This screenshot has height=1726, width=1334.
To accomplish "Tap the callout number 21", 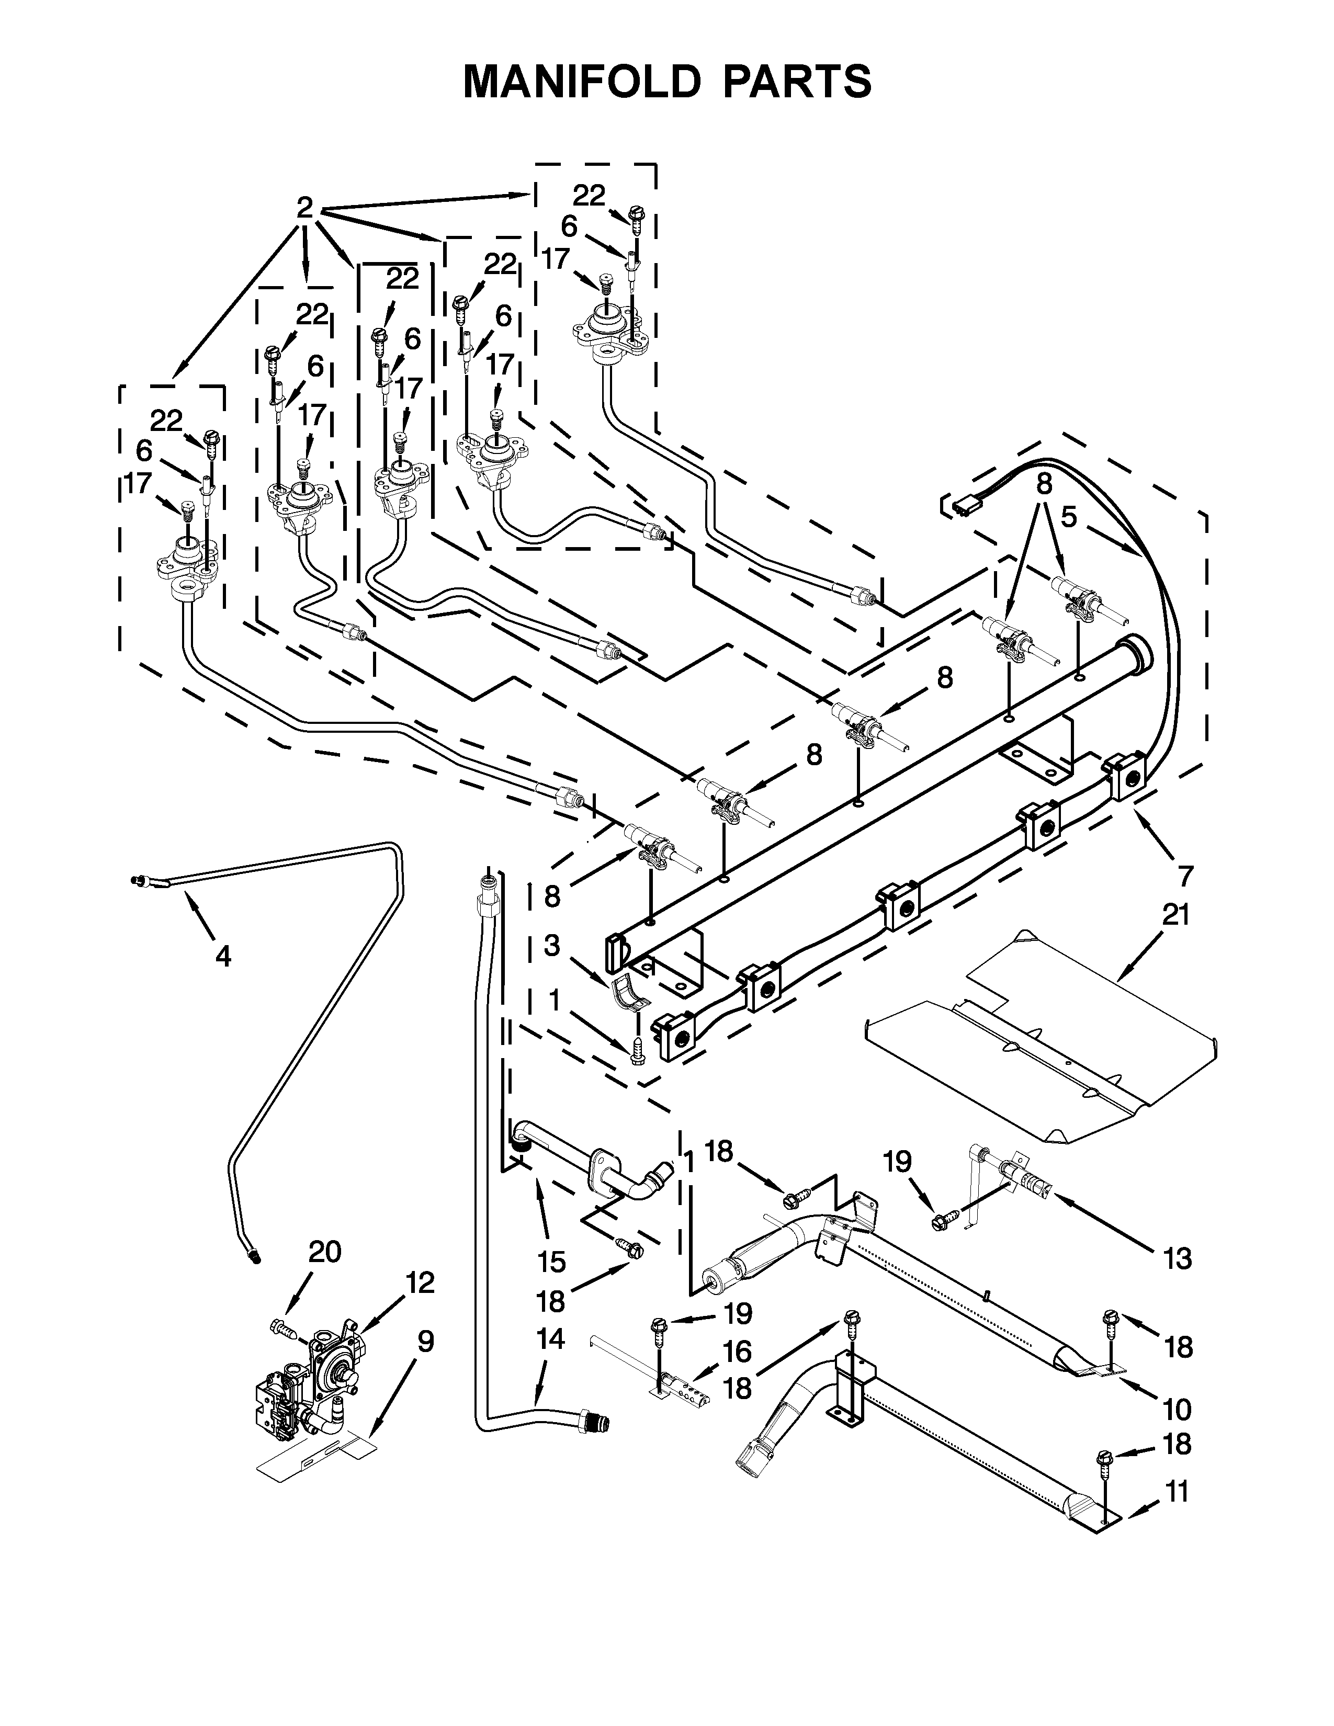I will pyautogui.click(x=1175, y=915).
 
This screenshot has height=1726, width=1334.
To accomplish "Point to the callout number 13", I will pyautogui.click(x=1177, y=1257).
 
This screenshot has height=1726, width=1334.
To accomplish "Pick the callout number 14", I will pyautogui.click(x=551, y=1339).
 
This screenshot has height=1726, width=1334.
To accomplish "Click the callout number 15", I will pyautogui.click(x=551, y=1262).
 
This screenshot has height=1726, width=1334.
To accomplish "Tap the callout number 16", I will pyautogui.click(x=737, y=1352).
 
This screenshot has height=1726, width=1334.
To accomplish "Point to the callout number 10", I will pyautogui.click(x=1177, y=1409).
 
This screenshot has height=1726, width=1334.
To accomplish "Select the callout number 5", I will pyautogui.click(x=1068, y=518).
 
